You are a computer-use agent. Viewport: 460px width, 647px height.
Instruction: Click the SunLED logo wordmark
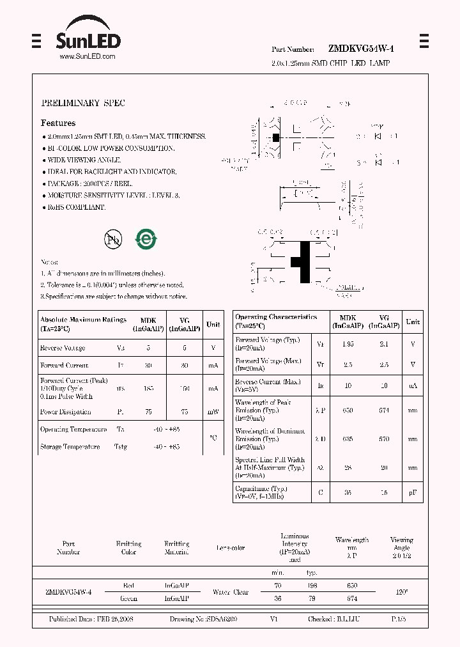point(88,41)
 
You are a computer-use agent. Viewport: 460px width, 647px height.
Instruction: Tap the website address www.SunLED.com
point(88,57)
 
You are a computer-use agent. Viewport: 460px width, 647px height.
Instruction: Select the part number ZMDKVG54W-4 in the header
point(361,49)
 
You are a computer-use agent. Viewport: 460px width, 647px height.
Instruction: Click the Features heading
point(58,123)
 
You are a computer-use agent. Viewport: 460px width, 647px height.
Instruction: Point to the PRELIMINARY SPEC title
point(83,103)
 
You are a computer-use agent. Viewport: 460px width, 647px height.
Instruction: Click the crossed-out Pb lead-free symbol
point(113,239)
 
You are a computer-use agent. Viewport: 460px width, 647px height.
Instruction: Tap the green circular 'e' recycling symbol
point(146,239)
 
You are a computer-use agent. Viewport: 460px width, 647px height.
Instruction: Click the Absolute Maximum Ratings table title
point(82,323)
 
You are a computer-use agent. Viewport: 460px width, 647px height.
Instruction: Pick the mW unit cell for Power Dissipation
point(213,412)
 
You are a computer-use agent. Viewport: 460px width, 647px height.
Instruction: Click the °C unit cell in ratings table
point(213,438)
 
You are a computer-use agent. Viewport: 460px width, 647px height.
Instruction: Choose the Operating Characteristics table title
point(276,321)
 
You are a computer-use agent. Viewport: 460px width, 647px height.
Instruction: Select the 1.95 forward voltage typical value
point(348,344)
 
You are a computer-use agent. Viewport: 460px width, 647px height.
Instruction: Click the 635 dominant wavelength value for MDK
point(348,439)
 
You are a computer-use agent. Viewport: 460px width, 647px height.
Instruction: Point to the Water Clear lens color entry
point(230,592)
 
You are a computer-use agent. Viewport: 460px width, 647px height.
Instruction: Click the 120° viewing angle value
point(401,592)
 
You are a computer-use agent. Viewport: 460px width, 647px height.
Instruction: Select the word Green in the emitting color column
point(128,599)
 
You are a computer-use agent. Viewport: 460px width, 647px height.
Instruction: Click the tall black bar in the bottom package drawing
point(305,262)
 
